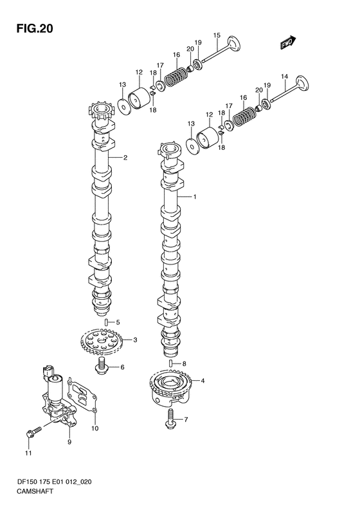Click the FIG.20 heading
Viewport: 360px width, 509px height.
pos(34,28)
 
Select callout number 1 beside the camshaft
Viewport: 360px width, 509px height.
pos(195,197)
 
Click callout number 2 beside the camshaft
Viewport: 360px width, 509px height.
pos(125,158)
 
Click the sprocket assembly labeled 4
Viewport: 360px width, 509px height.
pos(170,387)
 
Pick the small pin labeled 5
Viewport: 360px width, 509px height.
pos(106,322)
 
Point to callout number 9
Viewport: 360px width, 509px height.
pos(69,442)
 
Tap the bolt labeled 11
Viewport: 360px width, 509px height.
pos(33,432)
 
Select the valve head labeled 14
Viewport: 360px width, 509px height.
pos(302,84)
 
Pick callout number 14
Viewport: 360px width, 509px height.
pos(284,77)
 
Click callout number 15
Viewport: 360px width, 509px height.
pos(217,35)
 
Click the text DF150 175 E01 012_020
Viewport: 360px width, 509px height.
pos(54,482)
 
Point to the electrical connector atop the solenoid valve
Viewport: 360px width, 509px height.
pos(48,371)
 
